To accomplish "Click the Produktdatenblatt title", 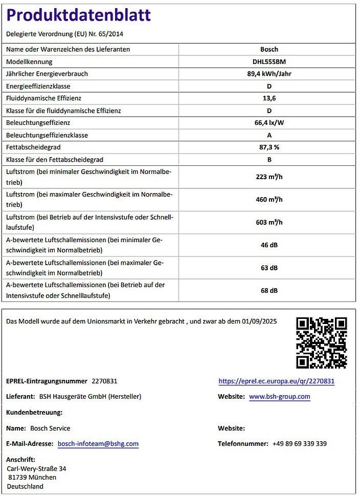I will click(x=78, y=15).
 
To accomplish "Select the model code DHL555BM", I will click(x=269, y=61).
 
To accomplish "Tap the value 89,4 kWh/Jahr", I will click(x=269, y=74).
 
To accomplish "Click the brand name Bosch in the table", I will click(x=269, y=49).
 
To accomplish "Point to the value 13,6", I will click(x=269, y=98).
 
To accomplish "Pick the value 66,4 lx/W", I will click(x=269, y=123).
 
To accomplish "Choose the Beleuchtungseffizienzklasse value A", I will click(x=269, y=135).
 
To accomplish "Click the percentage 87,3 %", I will click(x=269, y=147).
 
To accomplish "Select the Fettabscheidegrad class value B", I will click(x=269, y=160).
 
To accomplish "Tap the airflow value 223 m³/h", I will click(x=269, y=177).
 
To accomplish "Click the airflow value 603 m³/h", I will click(x=269, y=222).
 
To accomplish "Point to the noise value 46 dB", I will click(x=269, y=245).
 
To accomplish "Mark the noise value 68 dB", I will click(x=269, y=290).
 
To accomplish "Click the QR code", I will click(x=322, y=342).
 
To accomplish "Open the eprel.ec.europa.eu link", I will click(x=276, y=381).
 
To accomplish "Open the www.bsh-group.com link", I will click(x=280, y=397).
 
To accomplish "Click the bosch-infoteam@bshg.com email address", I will click(x=98, y=444).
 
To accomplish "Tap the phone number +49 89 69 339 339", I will click(x=300, y=444).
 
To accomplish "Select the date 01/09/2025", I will click(x=260, y=321).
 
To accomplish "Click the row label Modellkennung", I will click(x=29, y=61).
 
